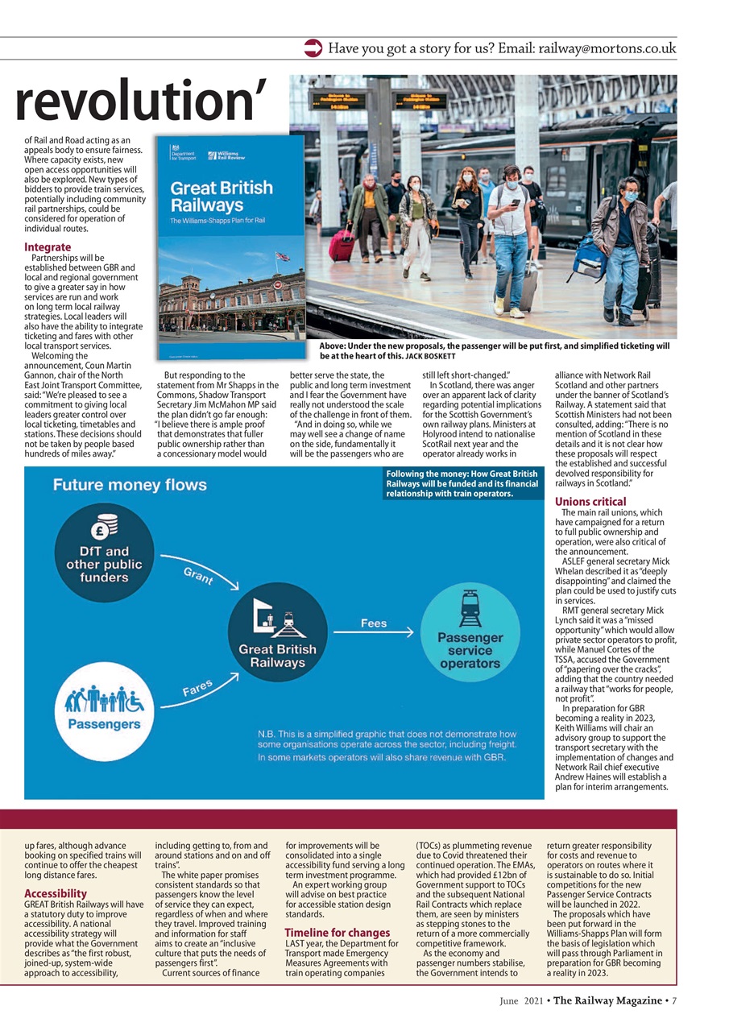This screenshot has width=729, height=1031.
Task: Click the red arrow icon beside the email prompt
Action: (x=313, y=48)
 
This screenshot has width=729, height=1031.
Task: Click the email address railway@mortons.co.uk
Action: (x=607, y=48)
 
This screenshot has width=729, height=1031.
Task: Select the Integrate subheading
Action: (x=48, y=246)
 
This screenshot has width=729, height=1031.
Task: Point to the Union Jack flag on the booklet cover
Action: (x=282, y=257)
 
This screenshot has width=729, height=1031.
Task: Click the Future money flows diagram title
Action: (x=130, y=485)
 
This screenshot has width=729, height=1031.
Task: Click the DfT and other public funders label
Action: (x=104, y=565)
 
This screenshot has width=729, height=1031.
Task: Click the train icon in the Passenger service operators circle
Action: (x=470, y=609)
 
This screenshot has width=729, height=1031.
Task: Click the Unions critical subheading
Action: (x=590, y=502)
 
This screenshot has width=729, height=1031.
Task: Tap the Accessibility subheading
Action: (x=56, y=893)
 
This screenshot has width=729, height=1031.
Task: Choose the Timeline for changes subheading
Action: (x=337, y=933)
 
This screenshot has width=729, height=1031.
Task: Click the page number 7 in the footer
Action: (x=673, y=1000)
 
